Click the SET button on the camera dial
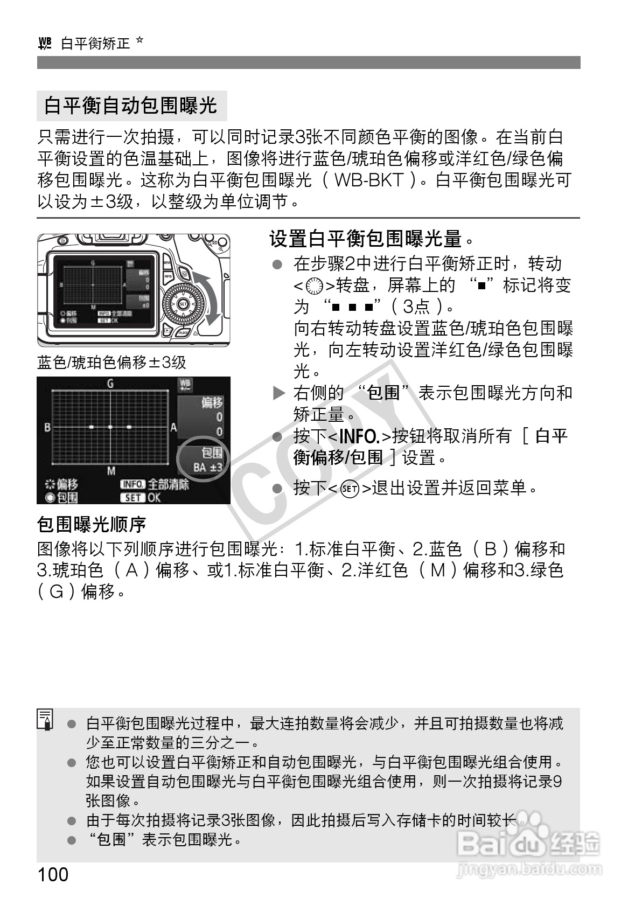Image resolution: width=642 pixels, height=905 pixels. [x=182, y=304]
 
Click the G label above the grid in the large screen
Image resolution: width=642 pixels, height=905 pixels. [x=110, y=384]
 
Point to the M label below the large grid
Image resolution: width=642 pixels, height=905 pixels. [x=110, y=471]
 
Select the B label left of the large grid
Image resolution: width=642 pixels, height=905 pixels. [x=47, y=427]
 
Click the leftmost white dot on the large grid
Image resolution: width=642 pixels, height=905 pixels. [x=91, y=427]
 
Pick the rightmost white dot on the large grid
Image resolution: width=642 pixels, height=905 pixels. [x=129, y=427]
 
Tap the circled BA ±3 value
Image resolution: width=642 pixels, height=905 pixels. [x=207, y=467]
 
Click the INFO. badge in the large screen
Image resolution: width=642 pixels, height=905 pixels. [x=132, y=485]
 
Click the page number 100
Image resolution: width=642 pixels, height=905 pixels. [x=53, y=874]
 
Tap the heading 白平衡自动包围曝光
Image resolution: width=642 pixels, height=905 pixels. [x=131, y=106]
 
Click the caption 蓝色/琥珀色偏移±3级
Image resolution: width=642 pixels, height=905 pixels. [x=112, y=363]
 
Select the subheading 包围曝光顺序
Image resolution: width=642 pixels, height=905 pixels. [x=91, y=524]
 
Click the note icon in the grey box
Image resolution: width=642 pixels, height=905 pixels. [x=45, y=720]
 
